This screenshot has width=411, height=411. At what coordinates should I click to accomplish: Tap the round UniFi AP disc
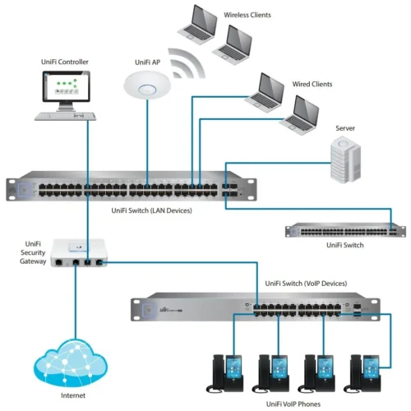(x=149, y=85)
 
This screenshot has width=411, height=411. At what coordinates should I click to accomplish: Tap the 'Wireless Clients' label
(x=247, y=15)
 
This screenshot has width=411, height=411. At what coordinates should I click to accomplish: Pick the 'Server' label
(x=346, y=128)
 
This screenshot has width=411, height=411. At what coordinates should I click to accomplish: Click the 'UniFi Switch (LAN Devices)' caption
(x=158, y=210)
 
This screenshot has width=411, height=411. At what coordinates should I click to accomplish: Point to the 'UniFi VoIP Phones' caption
(x=294, y=404)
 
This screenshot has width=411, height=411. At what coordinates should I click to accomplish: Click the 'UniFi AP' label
(x=149, y=62)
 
